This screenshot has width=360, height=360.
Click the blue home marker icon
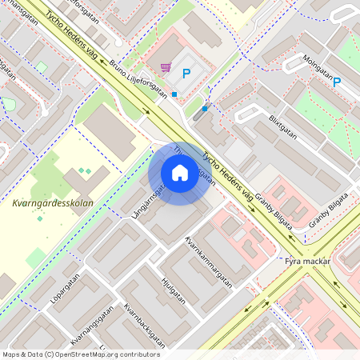point(179,173)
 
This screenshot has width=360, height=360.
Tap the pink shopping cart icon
point(166,68)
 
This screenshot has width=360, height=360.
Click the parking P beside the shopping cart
point(186,74)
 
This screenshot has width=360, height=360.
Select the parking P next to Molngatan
point(337,81)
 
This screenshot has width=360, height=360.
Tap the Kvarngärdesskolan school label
point(53,203)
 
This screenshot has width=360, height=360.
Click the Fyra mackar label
point(308,261)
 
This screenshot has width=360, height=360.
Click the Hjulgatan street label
point(173,290)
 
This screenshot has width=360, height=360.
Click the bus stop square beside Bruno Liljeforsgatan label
point(174,94)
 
